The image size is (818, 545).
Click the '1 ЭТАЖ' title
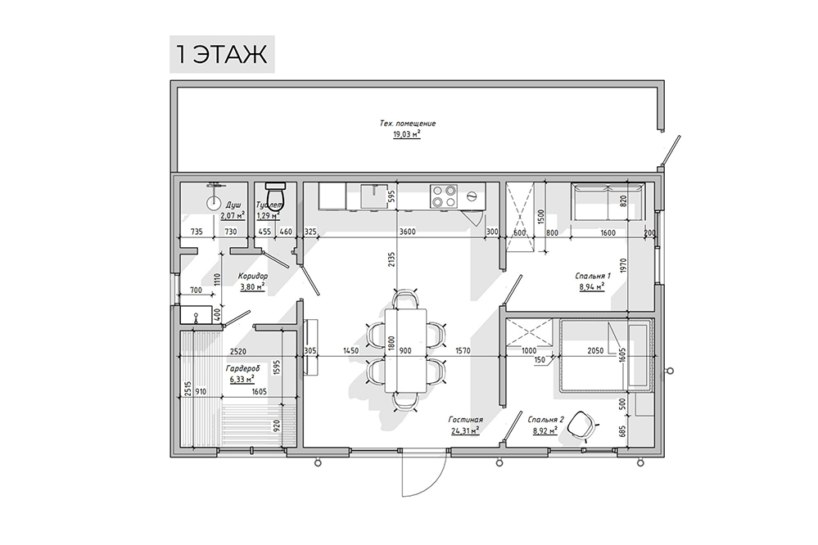(222, 54)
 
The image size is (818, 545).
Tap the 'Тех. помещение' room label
(408, 124)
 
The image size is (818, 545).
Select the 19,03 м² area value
(407, 134)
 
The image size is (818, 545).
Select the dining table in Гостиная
(406, 350)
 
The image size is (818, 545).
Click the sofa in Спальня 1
(608, 202)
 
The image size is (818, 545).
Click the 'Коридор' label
(253, 276)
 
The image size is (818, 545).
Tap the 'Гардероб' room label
(242, 369)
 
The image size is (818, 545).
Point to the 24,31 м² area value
(465, 431)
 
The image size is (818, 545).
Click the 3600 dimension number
(407, 232)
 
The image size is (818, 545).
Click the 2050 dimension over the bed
(595, 351)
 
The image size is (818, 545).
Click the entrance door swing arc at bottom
(436, 472)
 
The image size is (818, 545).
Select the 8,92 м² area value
(545, 431)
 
